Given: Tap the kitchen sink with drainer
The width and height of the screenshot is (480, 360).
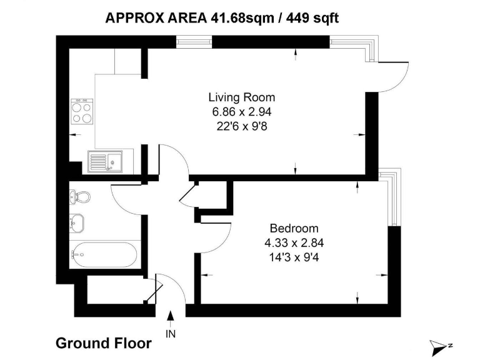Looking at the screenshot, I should (105, 162).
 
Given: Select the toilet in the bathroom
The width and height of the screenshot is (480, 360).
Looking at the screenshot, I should (81, 197).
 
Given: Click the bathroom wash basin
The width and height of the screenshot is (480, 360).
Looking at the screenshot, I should (78, 221).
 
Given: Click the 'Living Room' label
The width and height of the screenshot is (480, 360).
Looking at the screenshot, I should (241, 97).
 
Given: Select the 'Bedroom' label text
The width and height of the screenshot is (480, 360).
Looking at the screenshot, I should (294, 228).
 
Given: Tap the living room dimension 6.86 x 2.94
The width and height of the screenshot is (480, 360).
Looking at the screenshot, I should (241, 112).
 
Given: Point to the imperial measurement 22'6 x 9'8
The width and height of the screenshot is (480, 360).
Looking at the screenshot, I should (241, 126).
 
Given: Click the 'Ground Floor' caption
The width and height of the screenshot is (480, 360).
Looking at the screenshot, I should (103, 343).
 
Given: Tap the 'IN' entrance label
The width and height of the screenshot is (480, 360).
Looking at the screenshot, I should (171, 334).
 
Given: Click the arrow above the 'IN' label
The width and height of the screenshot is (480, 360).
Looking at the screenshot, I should (171, 317).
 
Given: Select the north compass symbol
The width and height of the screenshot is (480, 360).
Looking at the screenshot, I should (441, 344).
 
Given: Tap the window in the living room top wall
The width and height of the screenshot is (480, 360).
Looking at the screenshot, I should (194, 42).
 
